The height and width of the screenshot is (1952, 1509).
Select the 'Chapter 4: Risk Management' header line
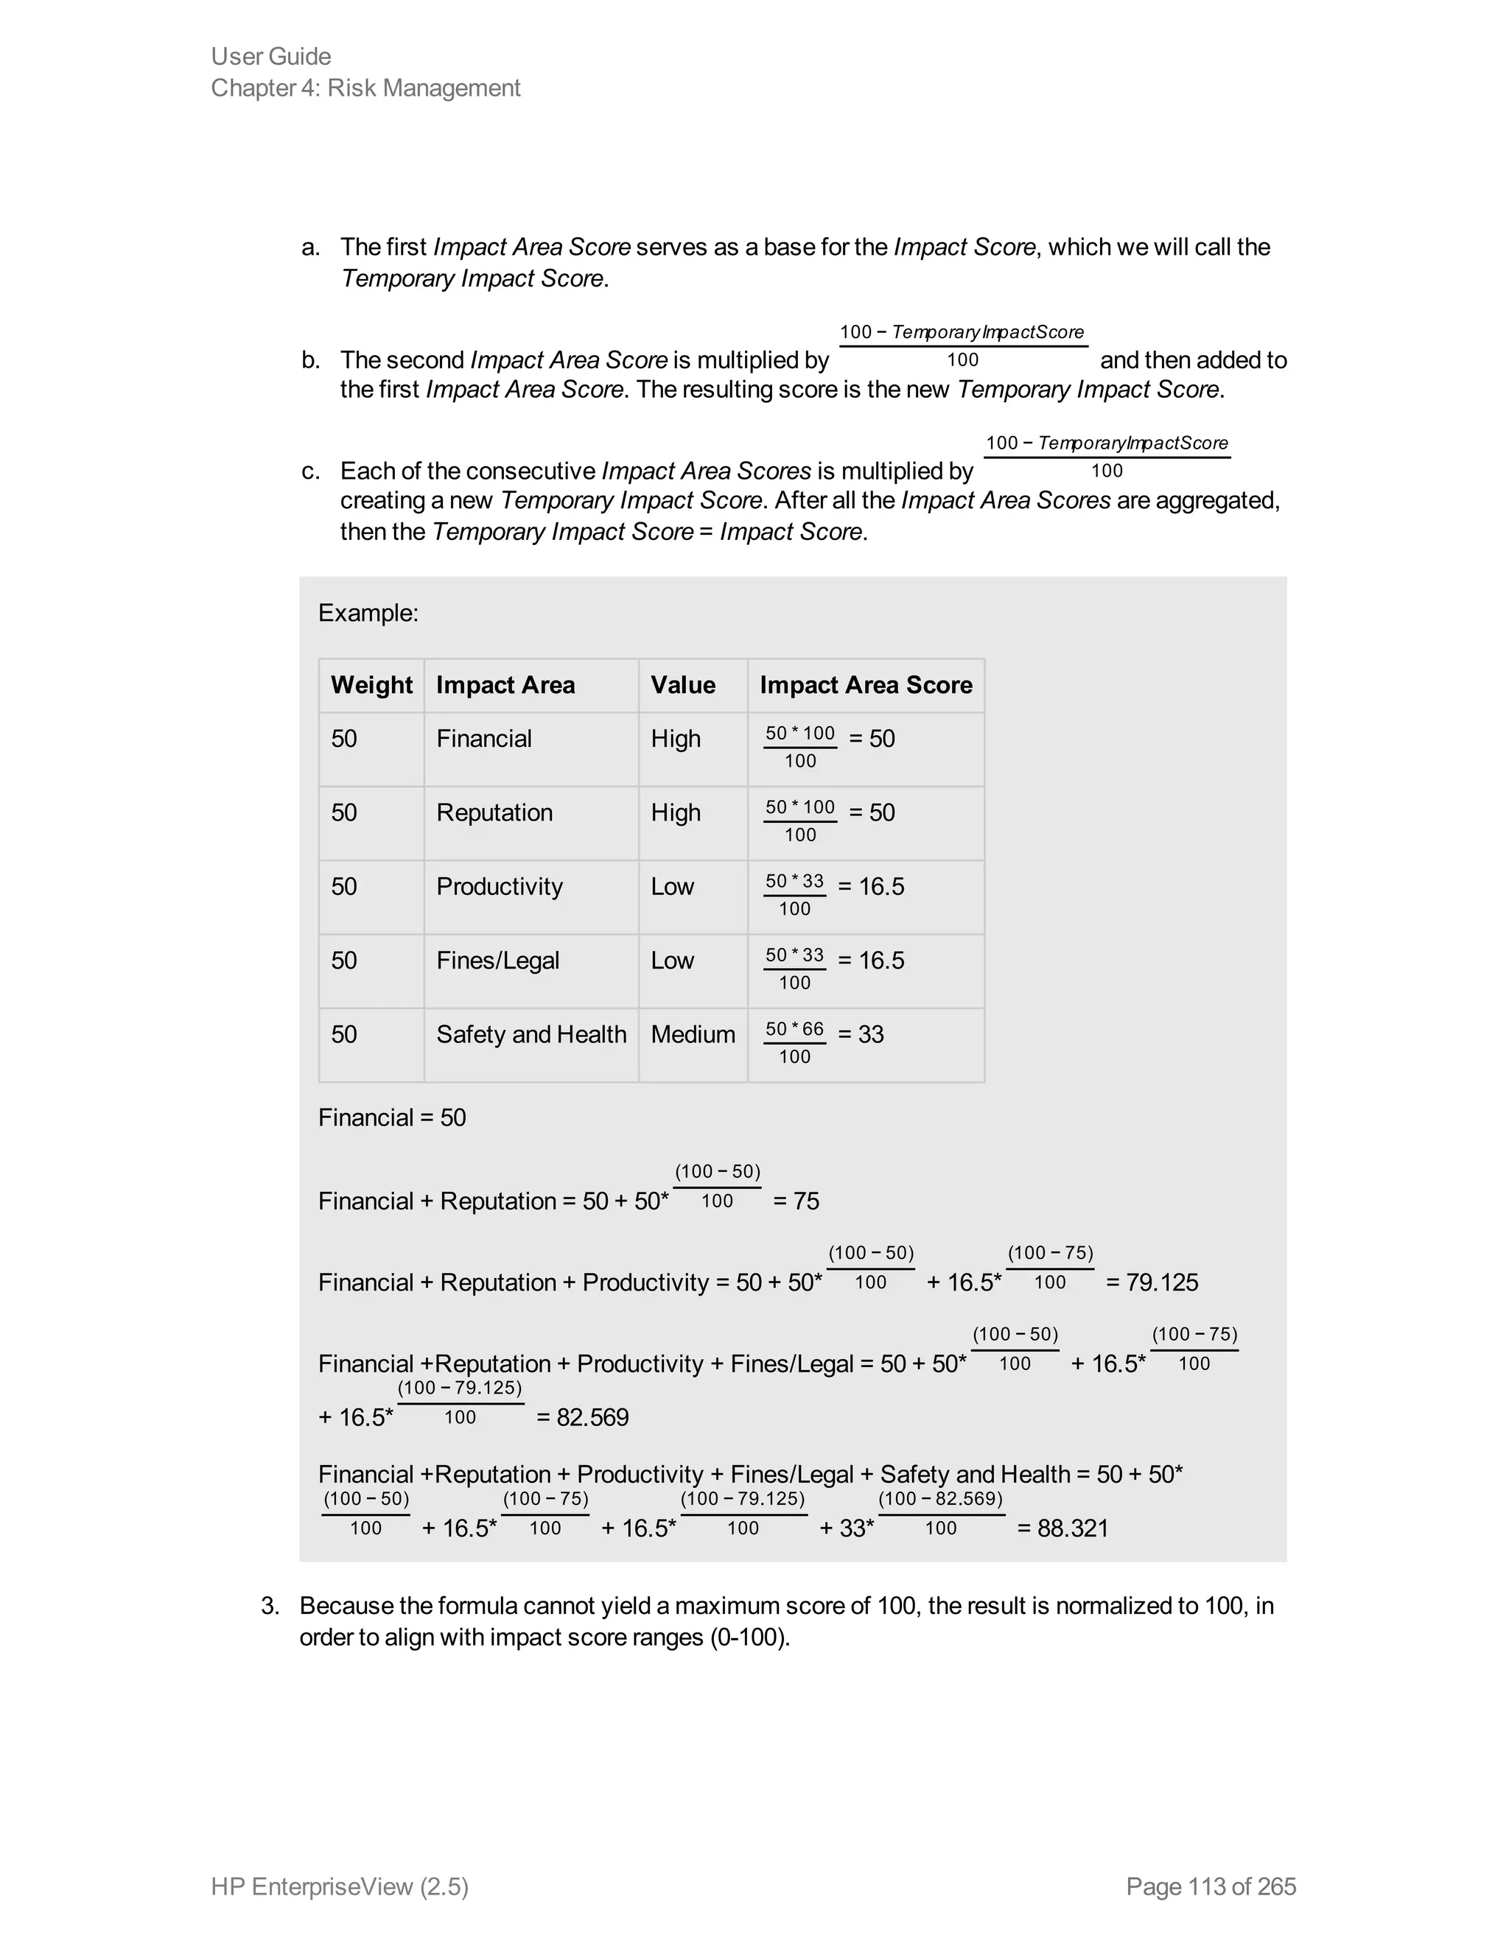click(365, 88)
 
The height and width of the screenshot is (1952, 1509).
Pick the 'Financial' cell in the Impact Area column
click(483, 738)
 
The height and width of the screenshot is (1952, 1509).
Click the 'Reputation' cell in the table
click(494, 812)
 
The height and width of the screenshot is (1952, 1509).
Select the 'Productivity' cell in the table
click(499, 887)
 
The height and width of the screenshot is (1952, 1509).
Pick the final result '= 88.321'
click(1063, 1528)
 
